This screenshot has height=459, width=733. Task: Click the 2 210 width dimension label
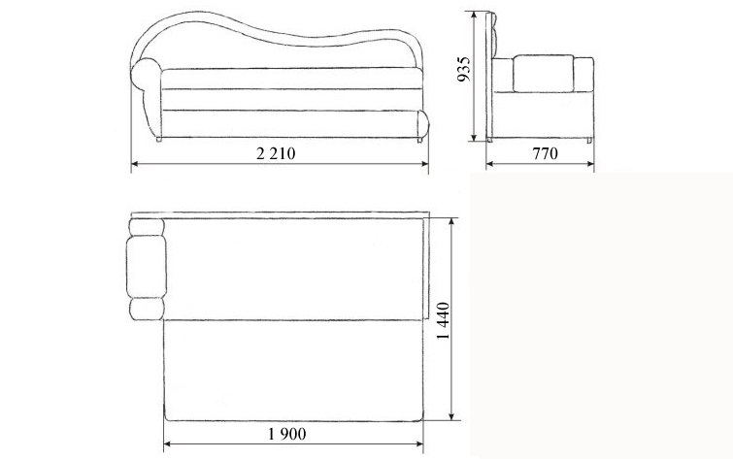point(276,153)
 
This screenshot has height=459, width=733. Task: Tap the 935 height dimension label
point(464,69)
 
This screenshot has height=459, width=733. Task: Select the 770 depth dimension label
point(545,153)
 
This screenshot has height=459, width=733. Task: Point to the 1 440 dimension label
point(443,320)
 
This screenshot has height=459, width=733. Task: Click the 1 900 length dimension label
point(287,434)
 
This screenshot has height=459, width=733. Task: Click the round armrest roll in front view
point(146,75)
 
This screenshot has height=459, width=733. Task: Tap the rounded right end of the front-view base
point(422,123)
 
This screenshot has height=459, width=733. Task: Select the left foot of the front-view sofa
point(158,139)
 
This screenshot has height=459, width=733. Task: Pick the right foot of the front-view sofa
point(419,140)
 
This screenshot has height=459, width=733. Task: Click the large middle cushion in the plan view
point(147,267)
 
